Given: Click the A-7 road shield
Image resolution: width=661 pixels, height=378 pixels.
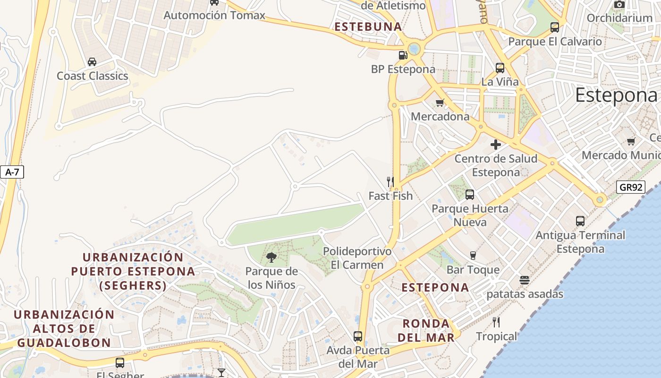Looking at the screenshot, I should click(12, 172).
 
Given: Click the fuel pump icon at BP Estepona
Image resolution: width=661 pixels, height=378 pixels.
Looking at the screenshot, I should click(403, 55).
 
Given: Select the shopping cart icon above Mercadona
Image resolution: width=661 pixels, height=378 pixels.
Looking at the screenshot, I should click(440, 103).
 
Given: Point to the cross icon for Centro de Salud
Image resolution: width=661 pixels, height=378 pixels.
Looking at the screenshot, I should click(496, 145).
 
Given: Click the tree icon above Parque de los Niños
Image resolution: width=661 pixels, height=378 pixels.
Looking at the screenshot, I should click(271, 258).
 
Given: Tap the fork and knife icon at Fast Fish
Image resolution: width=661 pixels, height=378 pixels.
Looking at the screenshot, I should click(390, 181).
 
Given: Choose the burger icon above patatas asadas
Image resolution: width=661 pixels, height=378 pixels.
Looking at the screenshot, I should click(525, 280).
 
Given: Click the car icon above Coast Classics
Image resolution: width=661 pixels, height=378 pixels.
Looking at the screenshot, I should click(92, 62).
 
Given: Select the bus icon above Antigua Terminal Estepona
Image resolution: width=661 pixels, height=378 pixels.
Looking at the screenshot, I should click(580, 221).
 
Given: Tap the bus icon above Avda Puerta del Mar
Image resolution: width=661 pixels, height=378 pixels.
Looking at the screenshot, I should click(358, 336).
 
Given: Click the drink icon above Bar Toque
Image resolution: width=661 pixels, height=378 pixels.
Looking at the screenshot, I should click(473, 256).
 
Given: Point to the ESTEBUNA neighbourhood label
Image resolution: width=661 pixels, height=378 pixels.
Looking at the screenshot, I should click(368, 27).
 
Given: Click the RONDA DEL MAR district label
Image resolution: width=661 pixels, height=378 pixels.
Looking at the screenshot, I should click(426, 330).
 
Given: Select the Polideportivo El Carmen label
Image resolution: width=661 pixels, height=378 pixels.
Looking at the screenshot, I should click(357, 258).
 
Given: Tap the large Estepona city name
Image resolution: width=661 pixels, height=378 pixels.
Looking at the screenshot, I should click(616, 95).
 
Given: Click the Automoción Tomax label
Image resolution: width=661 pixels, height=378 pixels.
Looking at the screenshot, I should click(214, 15).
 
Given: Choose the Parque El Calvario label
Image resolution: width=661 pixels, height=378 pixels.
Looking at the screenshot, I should click(555, 42).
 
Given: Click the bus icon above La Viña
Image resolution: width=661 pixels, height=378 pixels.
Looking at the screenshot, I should click(500, 68).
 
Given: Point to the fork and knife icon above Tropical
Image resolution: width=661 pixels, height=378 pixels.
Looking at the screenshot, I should click(496, 322).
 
